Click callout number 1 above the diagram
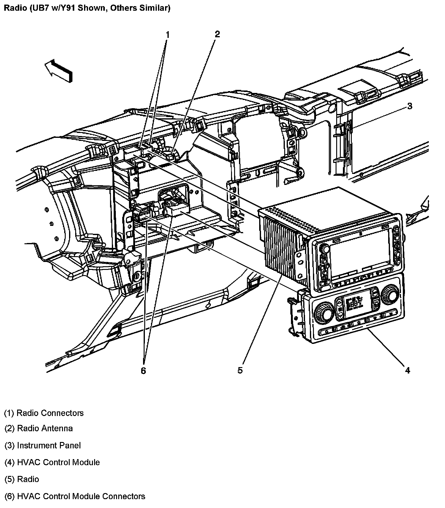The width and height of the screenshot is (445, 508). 167,35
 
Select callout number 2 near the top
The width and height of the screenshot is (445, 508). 217,34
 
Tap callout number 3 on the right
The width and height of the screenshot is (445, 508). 410,106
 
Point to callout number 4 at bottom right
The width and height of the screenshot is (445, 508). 407,370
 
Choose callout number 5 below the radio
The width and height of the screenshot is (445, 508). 240,370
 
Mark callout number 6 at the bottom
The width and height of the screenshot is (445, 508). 143,371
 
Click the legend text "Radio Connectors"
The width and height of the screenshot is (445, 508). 50,413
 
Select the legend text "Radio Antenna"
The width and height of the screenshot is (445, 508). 45,428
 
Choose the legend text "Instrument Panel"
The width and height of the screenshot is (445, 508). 49,445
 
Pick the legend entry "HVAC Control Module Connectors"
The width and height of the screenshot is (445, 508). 81,496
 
